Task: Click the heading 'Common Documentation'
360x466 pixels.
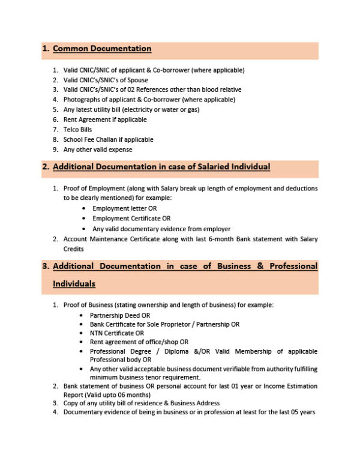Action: pyautogui.click(x=102, y=49)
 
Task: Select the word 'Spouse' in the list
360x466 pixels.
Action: pyautogui.click(x=137, y=80)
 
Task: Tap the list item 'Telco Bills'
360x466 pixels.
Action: pyautogui.click(x=78, y=129)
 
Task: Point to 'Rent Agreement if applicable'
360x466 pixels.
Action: pyautogui.click(x=97, y=120)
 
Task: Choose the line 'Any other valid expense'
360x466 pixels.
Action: pyautogui.click(x=97, y=149)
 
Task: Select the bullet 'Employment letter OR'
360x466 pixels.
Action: pyautogui.click(x=120, y=208)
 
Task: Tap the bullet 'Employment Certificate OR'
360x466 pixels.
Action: pyautogui.click(x=127, y=219)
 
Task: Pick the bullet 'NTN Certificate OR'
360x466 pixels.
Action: pyautogui.click(x=117, y=333)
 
